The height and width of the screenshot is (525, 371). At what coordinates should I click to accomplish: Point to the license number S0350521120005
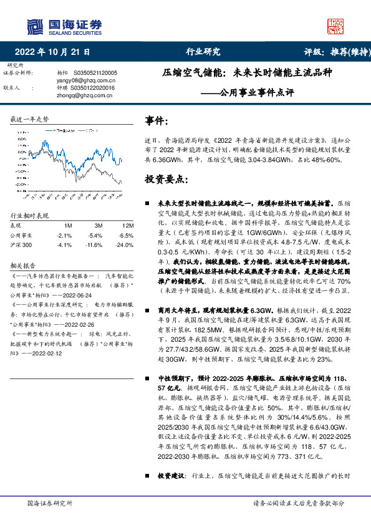click(x=91, y=73)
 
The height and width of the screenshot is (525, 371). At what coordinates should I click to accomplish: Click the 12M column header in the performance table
click(x=128, y=225)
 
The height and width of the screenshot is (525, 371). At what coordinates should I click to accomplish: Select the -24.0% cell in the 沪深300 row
click(x=126, y=245)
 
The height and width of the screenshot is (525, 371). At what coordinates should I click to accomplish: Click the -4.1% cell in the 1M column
click(x=64, y=245)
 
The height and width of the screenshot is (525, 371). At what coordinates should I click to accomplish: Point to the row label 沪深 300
click(x=21, y=245)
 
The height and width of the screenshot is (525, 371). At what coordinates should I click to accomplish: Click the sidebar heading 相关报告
click(x=22, y=264)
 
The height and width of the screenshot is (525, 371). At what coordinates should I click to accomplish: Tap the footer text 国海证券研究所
click(x=49, y=503)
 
